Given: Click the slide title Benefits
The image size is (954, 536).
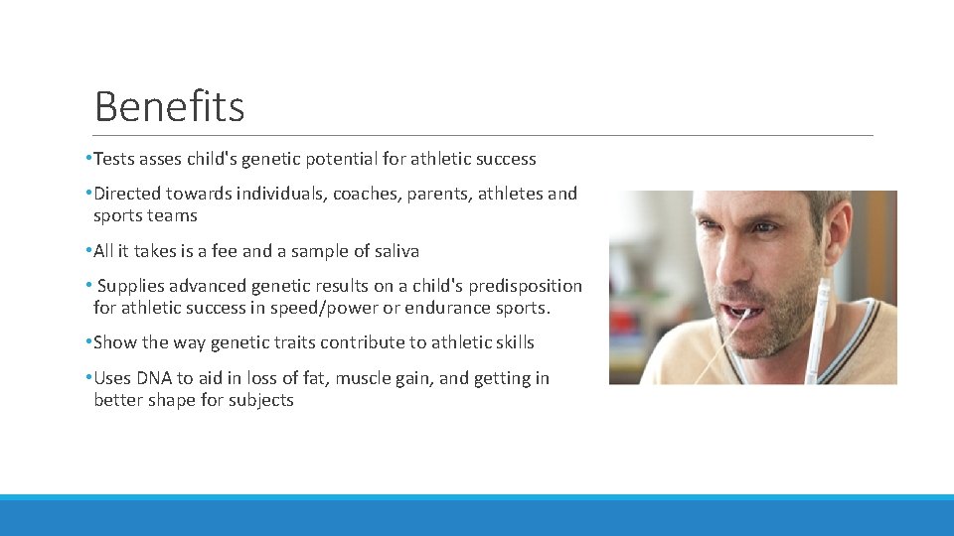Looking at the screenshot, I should point(169,106).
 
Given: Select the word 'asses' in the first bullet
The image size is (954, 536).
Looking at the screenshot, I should point(160,159).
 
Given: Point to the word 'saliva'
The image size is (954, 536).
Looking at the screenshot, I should point(394,251).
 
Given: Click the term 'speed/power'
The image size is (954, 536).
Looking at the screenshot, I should point(327,308).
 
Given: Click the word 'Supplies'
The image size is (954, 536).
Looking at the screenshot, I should point(131,286).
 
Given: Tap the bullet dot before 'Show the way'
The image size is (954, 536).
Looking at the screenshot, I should point(88,342).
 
